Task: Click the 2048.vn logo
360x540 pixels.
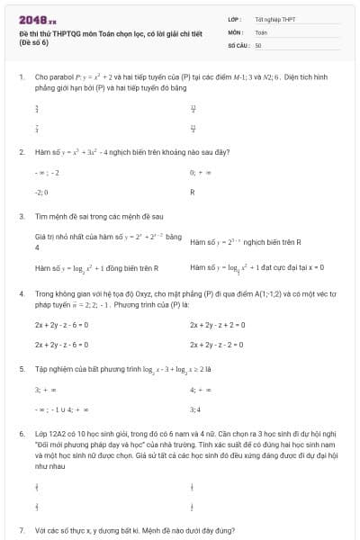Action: [38, 19]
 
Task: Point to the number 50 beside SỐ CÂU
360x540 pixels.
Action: [258, 44]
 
